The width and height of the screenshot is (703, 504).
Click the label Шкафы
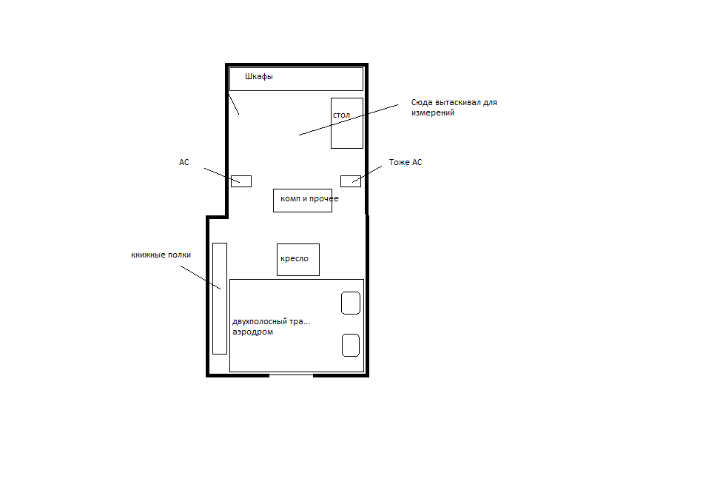[x=259, y=77]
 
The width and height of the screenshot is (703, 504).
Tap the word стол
[x=341, y=115]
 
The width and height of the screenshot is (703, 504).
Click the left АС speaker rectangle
[x=241, y=181]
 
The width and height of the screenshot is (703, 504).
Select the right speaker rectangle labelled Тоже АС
[x=351, y=181]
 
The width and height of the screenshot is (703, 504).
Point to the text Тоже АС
[x=406, y=162]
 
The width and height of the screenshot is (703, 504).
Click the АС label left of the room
[x=184, y=162]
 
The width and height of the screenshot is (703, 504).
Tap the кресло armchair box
[x=298, y=260]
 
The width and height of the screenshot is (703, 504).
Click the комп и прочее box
[x=303, y=201]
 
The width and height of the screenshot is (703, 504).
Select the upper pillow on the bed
[x=351, y=303]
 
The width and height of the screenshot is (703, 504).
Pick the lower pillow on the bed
[x=351, y=346]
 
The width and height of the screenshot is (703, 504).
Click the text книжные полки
[x=161, y=255]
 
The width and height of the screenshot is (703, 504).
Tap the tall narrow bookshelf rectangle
[x=220, y=299]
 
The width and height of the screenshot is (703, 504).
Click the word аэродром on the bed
[x=253, y=332]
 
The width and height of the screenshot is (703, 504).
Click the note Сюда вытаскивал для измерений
[x=454, y=107]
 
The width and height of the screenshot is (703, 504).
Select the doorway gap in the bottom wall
[x=291, y=374]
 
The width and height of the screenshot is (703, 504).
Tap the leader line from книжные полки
[x=201, y=278]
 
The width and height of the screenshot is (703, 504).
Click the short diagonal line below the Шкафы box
[x=234, y=104]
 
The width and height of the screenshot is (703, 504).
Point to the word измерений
[x=433, y=113]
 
